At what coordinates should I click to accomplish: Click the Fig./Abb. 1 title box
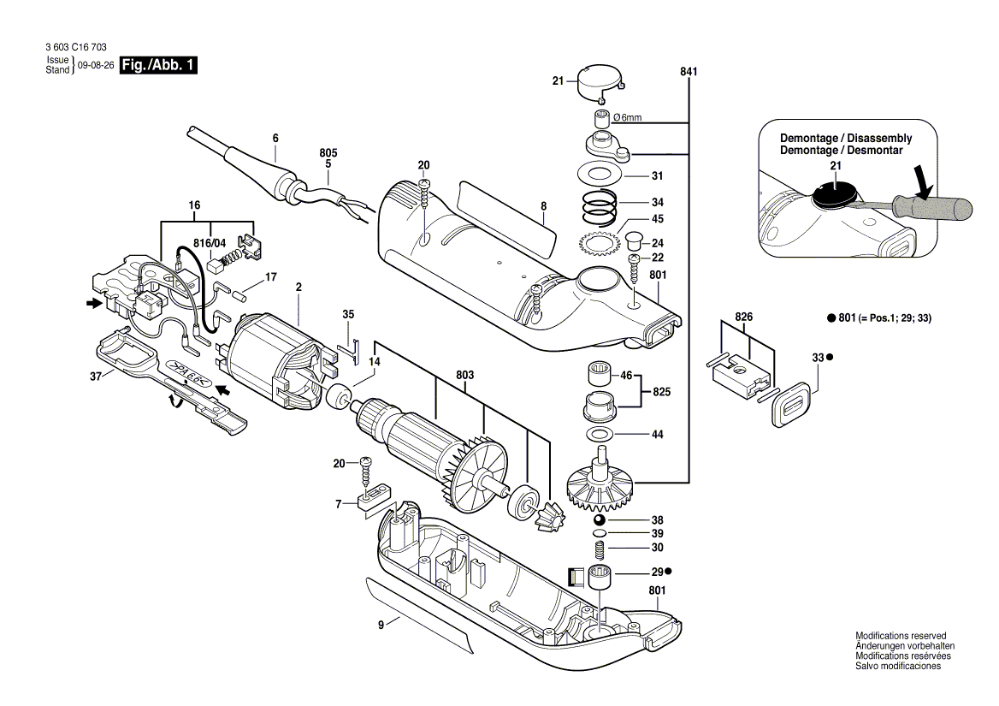pos(159,66)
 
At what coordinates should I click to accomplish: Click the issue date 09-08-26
pos(95,66)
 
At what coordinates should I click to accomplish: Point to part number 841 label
pos(689,72)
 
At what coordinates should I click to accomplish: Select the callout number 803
pos(465,375)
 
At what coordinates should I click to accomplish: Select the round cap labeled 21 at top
pos(600,82)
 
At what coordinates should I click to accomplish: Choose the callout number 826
pos(745,317)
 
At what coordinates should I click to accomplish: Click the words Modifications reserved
pos(901,636)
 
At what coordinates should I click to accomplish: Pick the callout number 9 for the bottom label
pos(381,624)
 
